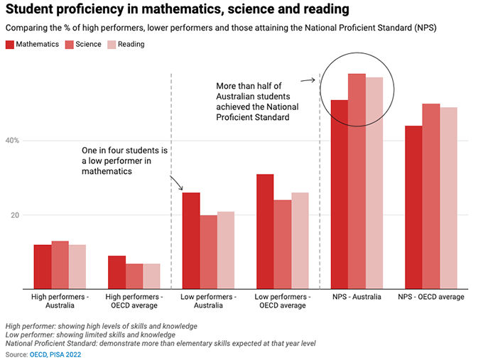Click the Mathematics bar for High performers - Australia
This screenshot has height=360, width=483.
tap(43, 267)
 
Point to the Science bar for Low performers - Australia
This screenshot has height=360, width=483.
tap(209, 252)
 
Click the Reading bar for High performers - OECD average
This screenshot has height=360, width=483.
tap(151, 276)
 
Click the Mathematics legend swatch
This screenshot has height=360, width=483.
tap(10, 44)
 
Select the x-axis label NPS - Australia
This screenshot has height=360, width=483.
tap(356, 297)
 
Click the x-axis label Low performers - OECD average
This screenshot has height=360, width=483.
tap(282, 301)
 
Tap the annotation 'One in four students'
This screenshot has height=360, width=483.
tap(124, 161)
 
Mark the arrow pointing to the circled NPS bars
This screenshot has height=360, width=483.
tap(308, 80)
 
